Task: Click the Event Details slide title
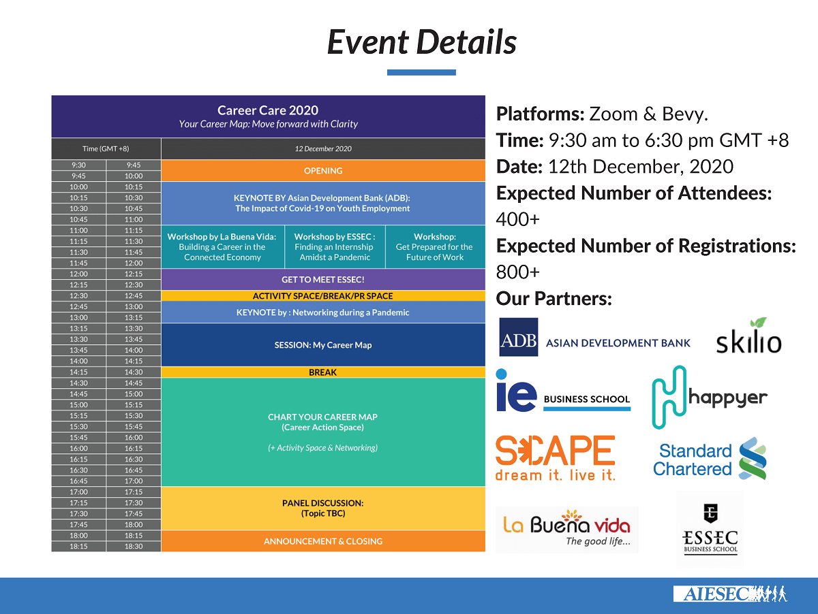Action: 422,42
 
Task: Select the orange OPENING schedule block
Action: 323,171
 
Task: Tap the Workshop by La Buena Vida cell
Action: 222,247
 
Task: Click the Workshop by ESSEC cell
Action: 335,247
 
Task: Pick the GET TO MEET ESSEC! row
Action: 323,280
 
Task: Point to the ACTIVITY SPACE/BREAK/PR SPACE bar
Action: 323,296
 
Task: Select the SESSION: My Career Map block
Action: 323,345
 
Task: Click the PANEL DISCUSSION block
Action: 323,508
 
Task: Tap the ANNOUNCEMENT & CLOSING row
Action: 323,541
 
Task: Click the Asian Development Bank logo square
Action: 518,337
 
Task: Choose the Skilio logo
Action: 748,336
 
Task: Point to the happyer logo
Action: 710,397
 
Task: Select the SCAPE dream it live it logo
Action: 555,458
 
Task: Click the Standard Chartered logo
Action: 710,459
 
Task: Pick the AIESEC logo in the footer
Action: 730,594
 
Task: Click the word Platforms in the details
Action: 539,114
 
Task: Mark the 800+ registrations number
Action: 517,272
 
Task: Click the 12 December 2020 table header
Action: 323,148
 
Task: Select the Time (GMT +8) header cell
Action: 106,148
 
